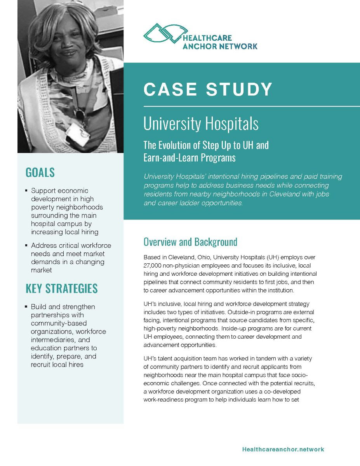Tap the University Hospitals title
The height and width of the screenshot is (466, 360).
coord(201,124)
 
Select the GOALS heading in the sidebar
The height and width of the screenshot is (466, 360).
coord(40,172)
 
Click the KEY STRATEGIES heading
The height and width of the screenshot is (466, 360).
coord(61,289)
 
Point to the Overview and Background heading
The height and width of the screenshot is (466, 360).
coord(190,242)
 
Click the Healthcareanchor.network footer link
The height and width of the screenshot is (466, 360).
coord(283,449)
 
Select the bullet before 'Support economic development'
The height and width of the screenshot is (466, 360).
coord(26,191)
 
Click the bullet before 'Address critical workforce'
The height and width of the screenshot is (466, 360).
coord(26,246)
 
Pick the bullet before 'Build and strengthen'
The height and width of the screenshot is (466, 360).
coord(26,307)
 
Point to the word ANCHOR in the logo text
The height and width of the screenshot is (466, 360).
coord(198,46)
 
